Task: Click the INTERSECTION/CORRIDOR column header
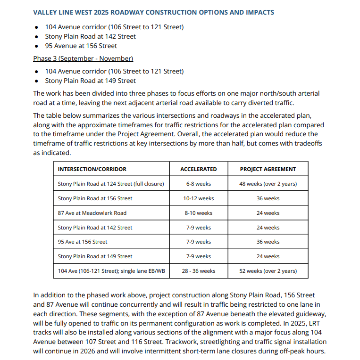(92, 169)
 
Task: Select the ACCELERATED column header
(199, 169)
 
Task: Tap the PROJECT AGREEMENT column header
(268, 169)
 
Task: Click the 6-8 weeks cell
(199, 184)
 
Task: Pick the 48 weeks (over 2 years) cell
(268, 184)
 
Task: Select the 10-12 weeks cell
(199, 198)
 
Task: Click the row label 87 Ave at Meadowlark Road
(92, 213)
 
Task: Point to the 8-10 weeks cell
(199, 213)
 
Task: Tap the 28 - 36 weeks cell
(199, 271)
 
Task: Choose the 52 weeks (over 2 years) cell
(268, 271)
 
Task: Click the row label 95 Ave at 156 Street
(83, 242)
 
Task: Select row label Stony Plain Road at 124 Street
(111, 184)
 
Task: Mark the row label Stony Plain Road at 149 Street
(95, 256)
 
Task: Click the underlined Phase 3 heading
(83, 59)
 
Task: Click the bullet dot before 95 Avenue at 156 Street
(37, 46)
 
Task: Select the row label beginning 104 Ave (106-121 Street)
(111, 271)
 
